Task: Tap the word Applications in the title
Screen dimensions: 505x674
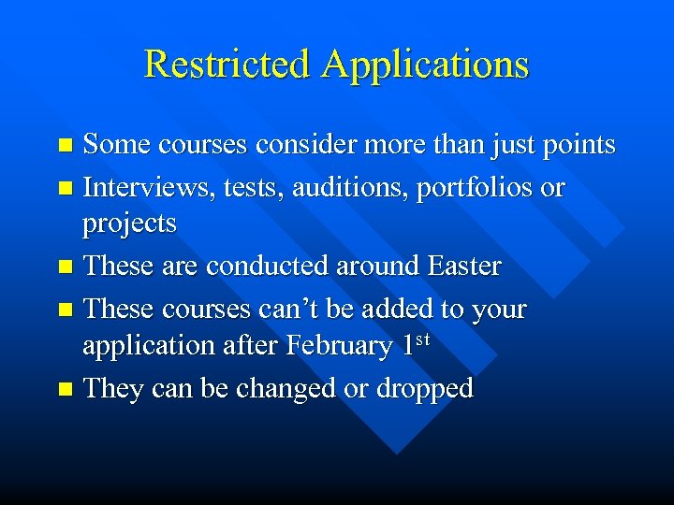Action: [x=425, y=65]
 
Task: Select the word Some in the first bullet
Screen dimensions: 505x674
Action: [x=117, y=145]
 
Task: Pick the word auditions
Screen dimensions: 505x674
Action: [x=346, y=188]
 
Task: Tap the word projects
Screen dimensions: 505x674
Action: [x=129, y=224]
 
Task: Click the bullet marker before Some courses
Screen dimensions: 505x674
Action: [x=65, y=146]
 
